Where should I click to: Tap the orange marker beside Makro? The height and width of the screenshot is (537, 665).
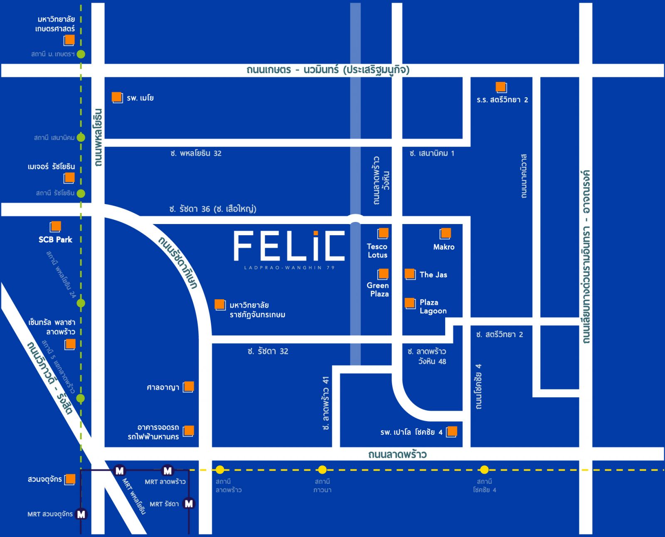(x=445, y=234)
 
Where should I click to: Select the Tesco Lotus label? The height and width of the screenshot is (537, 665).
(x=377, y=251)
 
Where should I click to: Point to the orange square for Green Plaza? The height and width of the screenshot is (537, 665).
(x=383, y=274)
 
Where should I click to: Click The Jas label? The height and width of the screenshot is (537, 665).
(x=433, y=275)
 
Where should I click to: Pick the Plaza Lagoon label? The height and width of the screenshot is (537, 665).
(x=433, y=307)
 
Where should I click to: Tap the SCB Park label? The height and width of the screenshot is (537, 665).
(x=55, y=240)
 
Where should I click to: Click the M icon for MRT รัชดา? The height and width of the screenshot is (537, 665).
(x=189, y=504)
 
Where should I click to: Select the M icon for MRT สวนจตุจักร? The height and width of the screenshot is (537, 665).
(x=81, y=514)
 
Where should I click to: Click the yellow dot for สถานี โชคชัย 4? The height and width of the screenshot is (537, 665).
(x=484, y=470)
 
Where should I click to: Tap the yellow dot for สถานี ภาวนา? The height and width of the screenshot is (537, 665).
(x=322, y=470)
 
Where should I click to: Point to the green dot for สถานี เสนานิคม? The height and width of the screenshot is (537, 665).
(x=81, y=137)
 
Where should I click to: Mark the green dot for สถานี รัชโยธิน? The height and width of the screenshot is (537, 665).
(x=81, y=193)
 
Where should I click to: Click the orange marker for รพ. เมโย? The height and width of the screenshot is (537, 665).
(x=117, y=97)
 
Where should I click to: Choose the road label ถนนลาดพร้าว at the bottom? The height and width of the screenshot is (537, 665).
(x=397, y=454)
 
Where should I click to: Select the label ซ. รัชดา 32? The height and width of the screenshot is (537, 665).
(x=268, y=351)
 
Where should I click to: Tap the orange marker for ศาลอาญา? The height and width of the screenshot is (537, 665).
(x=188, y=387)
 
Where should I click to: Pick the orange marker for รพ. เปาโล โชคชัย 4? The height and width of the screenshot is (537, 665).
(x=451, y=431)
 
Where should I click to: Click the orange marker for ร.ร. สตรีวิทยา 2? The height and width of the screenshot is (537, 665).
(x=501, y=87)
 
